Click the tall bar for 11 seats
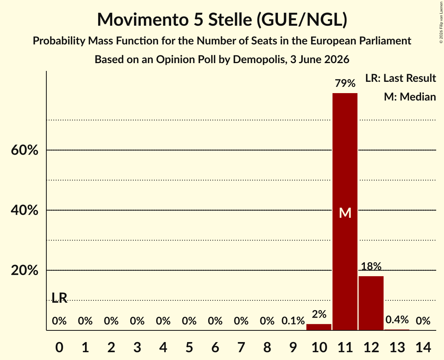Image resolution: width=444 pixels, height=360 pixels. (x=345, y=212)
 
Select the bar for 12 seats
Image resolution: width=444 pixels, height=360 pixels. (x=371, y=303)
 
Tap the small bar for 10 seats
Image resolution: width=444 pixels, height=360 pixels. (x=319, y=327)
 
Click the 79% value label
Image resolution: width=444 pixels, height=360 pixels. (x=345, y=83)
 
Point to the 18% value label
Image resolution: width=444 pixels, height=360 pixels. (x=371, y=266)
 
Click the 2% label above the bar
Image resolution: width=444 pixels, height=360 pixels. (x=319, y=314)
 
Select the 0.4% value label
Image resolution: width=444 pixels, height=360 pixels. (x=397, y=320)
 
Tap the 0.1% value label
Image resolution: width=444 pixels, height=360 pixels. (x=293, y=321)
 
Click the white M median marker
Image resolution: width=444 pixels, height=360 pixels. (x=345, y=213)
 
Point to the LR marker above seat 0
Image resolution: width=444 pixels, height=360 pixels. (x=60, y=298)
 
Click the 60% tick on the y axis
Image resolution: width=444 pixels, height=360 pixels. (x=24, y=150)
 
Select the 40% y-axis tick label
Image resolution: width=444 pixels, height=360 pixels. (x=24, y=210)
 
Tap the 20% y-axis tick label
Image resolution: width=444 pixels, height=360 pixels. (x=24, y=270)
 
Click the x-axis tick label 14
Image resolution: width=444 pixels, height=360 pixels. (x=423, y=347)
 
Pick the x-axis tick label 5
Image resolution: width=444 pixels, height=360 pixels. (x=189, y=347)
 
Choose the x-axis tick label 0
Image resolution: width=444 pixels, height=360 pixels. (x=59, y=347)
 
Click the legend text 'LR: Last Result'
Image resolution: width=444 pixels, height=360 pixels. (x=400, y=78)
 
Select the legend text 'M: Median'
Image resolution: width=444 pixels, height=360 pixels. (x=410, y=97)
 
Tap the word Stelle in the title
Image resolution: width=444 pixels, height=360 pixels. (x=230, y=19)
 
